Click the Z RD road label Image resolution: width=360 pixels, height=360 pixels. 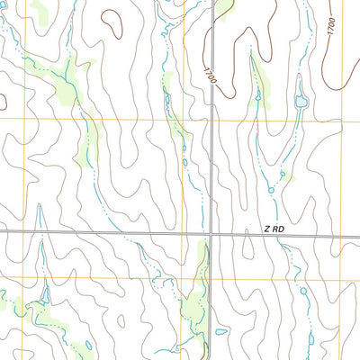(x=274, y=229)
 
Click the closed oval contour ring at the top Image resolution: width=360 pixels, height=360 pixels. (x=112, y=22)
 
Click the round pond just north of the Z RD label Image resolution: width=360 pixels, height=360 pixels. (x=271, y=190)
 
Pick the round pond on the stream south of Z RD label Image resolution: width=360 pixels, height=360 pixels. (x=302, y=291)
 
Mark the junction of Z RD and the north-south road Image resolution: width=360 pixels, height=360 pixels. (x=211, y=233)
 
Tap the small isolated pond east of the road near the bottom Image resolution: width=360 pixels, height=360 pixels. (x=221, y=331)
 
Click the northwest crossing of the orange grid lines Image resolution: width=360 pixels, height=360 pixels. (x=178, y=120)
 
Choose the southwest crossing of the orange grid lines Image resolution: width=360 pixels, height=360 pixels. (x=176, y=278)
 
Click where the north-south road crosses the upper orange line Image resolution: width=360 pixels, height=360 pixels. (x=212, y=121)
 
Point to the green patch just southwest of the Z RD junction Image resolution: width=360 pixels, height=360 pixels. (x=194, y=306)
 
